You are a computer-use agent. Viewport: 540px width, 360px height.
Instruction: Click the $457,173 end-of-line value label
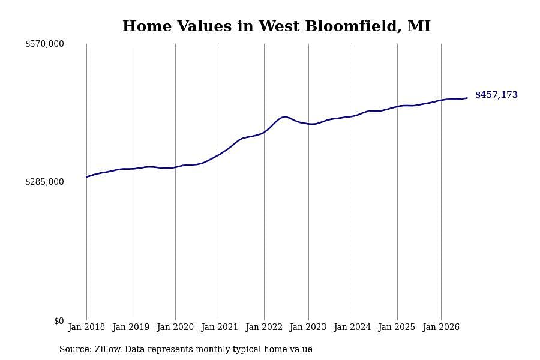(496, 95)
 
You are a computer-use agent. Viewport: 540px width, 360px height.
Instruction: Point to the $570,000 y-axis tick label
(44, 44)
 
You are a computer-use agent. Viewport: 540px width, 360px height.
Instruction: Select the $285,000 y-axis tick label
(44, 182)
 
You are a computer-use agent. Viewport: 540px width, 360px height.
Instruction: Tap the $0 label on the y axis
(59, 321)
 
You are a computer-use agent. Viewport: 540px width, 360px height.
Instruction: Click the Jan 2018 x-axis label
(86, 327)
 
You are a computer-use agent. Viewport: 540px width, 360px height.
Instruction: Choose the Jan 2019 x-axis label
(131, 327)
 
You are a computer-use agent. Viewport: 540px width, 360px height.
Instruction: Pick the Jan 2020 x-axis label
(175, 327)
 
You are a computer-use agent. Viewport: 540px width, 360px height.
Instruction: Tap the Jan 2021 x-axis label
(220, 327)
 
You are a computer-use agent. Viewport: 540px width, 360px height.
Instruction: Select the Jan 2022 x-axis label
(264, 327)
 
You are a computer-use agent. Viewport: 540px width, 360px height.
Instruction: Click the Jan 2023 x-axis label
(308, 327)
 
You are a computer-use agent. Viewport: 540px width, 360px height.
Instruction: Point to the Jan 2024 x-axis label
(353, 327)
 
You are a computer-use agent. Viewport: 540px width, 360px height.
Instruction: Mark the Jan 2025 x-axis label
(397, 327)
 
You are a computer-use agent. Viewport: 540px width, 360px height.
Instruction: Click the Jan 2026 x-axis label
(441, 327)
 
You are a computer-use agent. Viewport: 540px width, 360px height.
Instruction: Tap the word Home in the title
(147, 26)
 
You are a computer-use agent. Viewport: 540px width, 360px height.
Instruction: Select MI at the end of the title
(419, 26)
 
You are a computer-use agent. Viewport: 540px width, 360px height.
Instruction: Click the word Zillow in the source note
(107, 349)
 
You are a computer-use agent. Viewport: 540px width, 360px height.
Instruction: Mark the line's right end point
(467, 98)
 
